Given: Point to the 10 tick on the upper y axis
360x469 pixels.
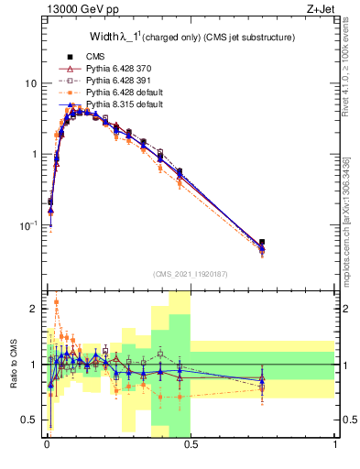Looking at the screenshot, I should [32, 83].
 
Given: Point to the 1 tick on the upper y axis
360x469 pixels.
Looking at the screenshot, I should [35, 154].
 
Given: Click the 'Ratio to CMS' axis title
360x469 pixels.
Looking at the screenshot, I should [13, 364].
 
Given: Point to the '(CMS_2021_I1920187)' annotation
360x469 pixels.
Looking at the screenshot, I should [191, 273].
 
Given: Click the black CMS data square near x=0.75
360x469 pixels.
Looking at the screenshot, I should [262, 243].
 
